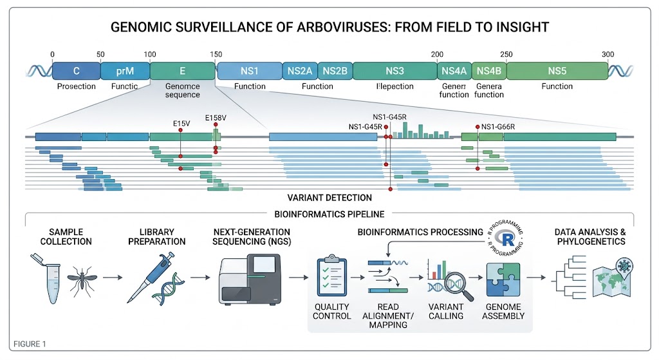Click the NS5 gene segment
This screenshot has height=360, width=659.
click(557, 70)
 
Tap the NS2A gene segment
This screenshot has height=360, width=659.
click(300, 70)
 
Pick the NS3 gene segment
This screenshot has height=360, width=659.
click(394, 70)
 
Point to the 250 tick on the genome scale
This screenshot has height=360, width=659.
click(506, 54)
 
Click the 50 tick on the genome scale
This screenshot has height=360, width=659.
click(100, 54)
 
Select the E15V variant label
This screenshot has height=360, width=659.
click(181, 122)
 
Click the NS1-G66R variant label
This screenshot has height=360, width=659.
click(498, 127)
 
